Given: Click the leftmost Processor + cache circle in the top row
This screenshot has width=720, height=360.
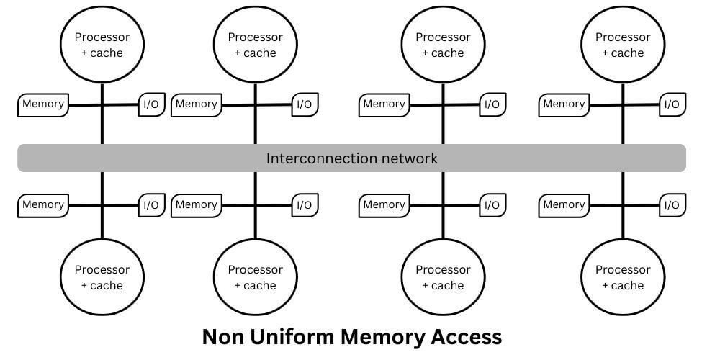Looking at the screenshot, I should pos(102,45).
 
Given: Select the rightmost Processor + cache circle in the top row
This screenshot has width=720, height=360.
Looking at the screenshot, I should pos(623,45).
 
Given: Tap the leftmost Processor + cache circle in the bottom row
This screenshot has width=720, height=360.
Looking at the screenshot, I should pos(102,277).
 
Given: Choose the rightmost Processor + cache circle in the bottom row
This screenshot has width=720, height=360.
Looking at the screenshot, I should pos(623,277).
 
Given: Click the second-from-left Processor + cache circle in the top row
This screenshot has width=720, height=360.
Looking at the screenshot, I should pos(255,45).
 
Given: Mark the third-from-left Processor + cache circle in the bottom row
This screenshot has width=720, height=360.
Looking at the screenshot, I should pos(443,277).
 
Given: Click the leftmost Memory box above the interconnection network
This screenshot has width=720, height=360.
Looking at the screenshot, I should pos(43,104).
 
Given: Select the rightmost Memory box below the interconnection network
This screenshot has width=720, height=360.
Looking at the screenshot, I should pos(564,205).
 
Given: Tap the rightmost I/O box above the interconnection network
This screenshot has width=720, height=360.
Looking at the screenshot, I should pos(672,104).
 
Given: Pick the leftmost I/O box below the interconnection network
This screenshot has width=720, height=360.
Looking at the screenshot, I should pos(151,205).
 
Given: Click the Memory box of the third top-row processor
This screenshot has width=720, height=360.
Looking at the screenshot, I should pos(384,104).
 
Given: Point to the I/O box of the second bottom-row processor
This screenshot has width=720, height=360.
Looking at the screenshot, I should pos(305,205).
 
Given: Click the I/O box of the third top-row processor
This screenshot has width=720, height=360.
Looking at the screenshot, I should pos(492,104).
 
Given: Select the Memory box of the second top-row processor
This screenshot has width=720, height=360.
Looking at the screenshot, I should pos(197,104).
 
